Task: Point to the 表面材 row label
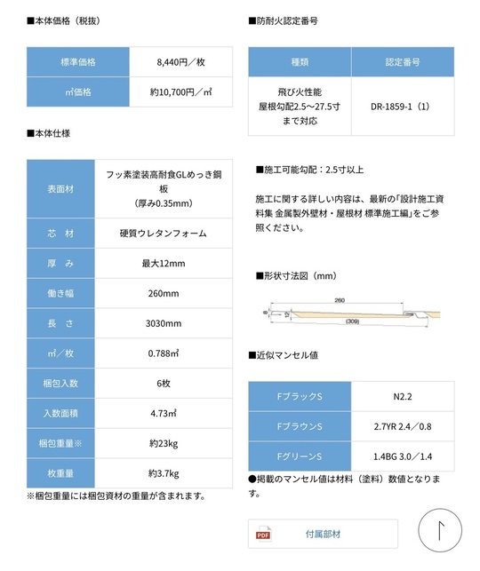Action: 60,189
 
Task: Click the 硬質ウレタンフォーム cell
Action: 164,234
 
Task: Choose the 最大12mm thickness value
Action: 164,264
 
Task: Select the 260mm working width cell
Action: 164,293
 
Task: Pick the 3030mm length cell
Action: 164,323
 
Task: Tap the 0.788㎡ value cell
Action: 164,353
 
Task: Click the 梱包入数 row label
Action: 60,383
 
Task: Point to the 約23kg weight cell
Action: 164,442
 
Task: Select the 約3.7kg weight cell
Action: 164,472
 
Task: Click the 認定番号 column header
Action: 402,63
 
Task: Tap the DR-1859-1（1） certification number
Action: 402,107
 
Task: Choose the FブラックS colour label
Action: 300,396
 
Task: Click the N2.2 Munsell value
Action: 403,396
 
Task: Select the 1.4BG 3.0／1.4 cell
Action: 403,456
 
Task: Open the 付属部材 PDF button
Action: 323,534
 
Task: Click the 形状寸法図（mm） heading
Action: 296,276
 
